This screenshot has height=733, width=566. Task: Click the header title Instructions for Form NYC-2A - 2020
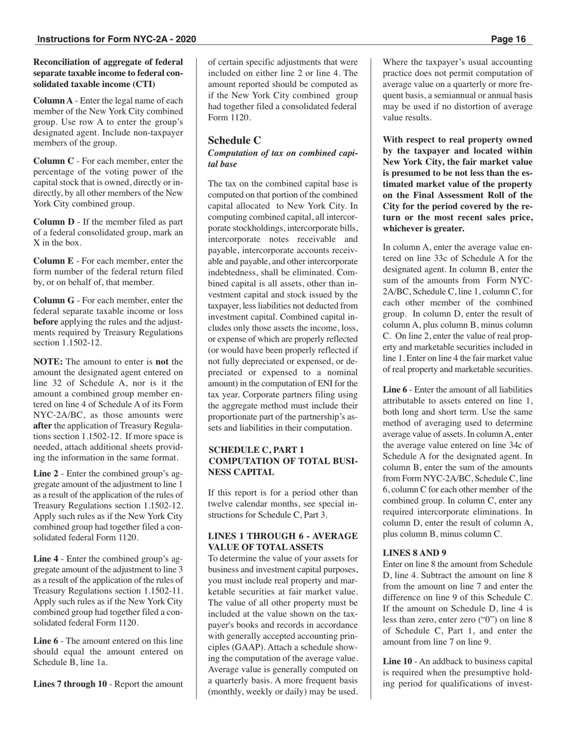coord(116,39)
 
